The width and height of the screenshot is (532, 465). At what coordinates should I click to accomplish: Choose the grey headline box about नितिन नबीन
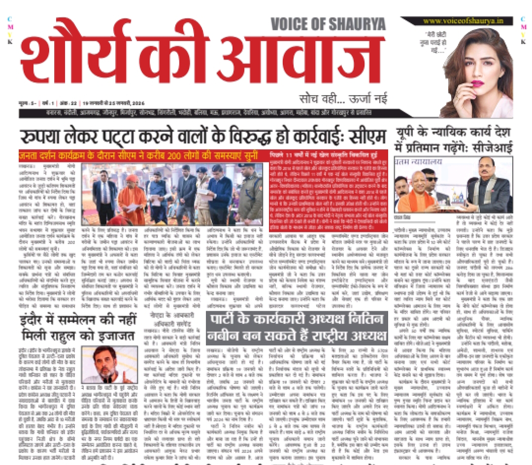[x=297, y=329]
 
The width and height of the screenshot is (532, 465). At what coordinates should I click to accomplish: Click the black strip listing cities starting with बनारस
[x=197, y=113]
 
